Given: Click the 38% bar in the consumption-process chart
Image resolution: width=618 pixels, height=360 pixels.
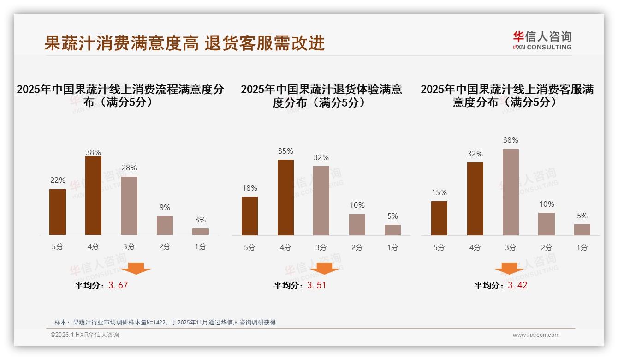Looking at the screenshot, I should [93, 196].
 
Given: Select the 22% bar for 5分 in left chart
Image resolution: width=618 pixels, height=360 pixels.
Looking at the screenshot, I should [58, 212].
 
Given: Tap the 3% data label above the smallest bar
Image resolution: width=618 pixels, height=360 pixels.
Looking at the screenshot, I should [200, 220].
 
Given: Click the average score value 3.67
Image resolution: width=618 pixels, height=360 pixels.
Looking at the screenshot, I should [118, 285].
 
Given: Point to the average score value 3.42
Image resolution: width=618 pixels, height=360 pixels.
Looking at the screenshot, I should [517, 285].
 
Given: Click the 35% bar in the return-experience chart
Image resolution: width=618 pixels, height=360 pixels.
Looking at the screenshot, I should [285, 198].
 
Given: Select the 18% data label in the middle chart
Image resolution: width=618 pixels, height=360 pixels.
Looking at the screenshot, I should [250, 188].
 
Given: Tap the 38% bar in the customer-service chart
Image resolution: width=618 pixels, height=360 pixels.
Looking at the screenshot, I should [511, 192].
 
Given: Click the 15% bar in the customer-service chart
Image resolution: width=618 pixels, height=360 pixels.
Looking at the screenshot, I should [439, 218].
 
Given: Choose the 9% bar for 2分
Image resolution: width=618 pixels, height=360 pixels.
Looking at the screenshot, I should [165, 225].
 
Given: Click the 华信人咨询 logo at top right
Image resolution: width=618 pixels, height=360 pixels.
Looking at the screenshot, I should [542, 40].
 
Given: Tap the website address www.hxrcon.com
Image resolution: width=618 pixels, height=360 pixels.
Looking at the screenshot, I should [536, 335].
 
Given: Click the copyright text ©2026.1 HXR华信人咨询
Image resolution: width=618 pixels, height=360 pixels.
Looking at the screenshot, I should [85, 335].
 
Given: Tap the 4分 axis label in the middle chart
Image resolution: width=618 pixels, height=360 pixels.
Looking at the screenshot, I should [285, 248].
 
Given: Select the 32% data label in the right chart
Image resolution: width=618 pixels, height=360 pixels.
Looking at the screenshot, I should [475, 154].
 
